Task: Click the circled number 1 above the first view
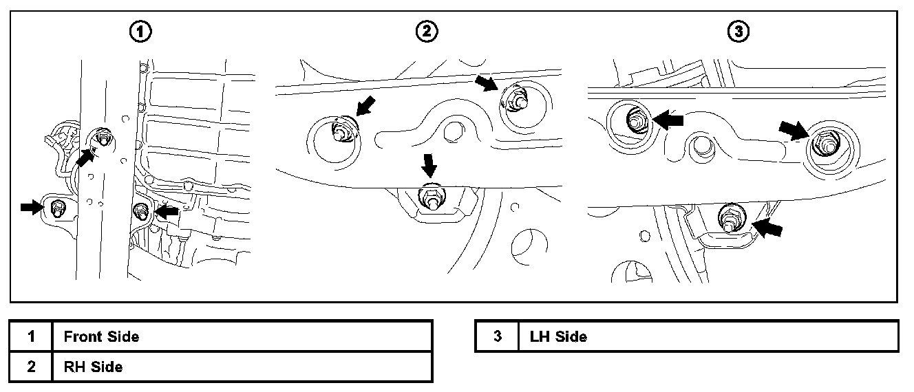click(142, 31)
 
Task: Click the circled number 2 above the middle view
click(427, 31)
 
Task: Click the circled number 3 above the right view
click(738, 31)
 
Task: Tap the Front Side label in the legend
click(101, 336)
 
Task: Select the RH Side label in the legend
click(93, 367)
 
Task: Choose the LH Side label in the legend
click(558, 336)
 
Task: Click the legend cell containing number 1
click(31, 336)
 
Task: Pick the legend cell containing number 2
click(31, 367)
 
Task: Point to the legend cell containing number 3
click(497, 336)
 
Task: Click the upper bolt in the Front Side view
click(103, 138)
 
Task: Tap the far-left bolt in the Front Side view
click(58, 207)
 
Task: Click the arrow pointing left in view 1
click(167, 212)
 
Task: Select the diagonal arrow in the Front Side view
click(85, 157)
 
